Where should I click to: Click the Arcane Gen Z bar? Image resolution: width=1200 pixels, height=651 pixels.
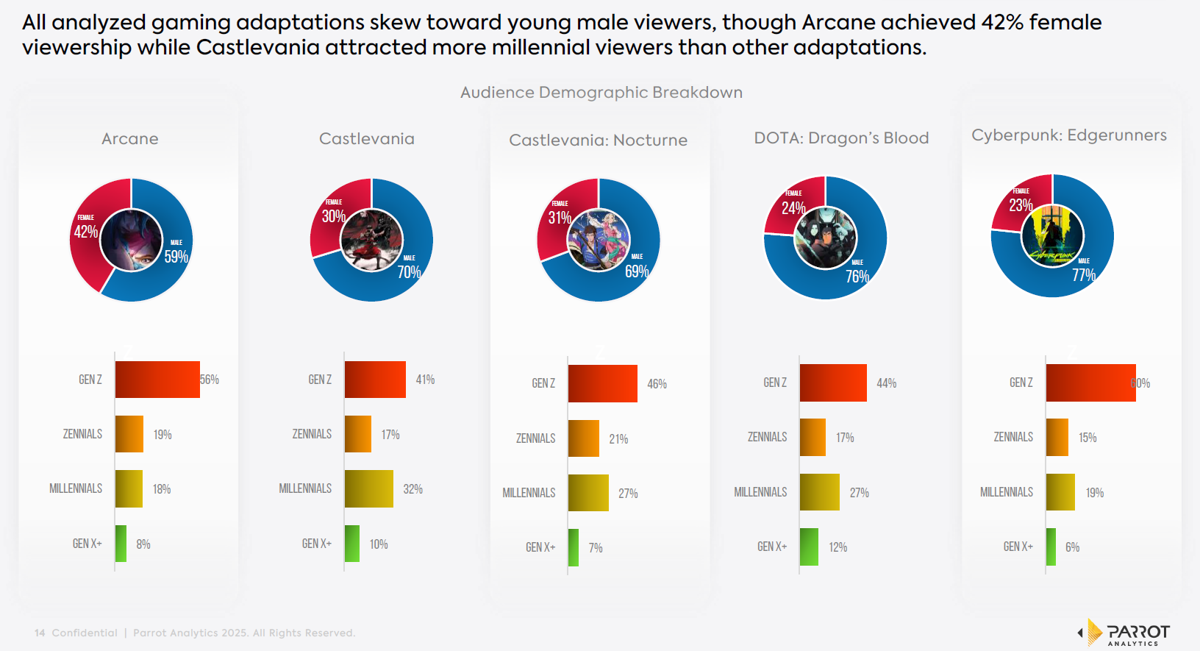[157, 380]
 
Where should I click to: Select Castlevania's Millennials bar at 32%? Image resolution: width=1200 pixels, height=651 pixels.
[368, 489]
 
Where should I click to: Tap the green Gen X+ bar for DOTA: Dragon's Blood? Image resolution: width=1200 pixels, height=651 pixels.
[809, 547]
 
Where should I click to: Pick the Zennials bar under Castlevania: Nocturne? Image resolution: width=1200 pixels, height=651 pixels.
[583, 438]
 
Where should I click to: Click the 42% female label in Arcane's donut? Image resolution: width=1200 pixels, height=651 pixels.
[86, 232]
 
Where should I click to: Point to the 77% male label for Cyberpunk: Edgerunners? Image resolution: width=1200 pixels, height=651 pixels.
[1083, 275]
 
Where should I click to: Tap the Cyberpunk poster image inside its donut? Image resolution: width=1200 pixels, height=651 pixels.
[1052, 235]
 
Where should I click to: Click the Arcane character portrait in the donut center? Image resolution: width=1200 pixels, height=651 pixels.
[131, 240]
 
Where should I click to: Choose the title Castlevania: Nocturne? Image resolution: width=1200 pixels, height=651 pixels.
[598, 140]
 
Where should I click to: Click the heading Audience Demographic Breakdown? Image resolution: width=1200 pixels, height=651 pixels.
[601, 93]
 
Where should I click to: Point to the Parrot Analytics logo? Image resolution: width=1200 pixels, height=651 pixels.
[1124, 633]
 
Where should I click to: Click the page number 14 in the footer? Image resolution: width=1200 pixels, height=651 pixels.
[40, 633]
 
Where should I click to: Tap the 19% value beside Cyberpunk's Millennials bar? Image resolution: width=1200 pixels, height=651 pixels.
[1094, 493]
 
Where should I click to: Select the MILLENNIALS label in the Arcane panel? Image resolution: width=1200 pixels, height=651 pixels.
[76, 488]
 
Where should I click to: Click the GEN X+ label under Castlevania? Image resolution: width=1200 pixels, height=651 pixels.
[316, 544]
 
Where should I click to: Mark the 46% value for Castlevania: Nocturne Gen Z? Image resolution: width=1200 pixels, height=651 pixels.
[657, 384]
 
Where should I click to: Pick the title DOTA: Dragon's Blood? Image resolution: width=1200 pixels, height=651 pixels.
[841, 138]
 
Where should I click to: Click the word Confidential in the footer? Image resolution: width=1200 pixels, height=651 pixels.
[85, 633]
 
